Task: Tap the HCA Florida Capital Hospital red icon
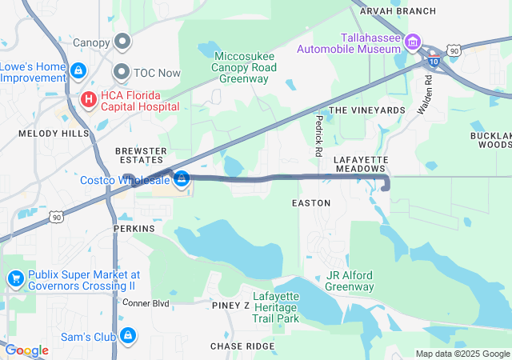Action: [88, 100]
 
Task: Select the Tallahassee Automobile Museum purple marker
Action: [413, 42]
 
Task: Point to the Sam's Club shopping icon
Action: [128, 337]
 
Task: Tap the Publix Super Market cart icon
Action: [15, 278]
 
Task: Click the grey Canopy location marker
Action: [122, 41]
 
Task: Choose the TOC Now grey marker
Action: [122, 71]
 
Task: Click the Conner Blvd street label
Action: [146, 303]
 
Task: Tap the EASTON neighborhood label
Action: [311, 203]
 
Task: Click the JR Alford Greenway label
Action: [350, 281]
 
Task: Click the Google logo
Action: [26, 350]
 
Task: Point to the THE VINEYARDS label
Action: [367, 110]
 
